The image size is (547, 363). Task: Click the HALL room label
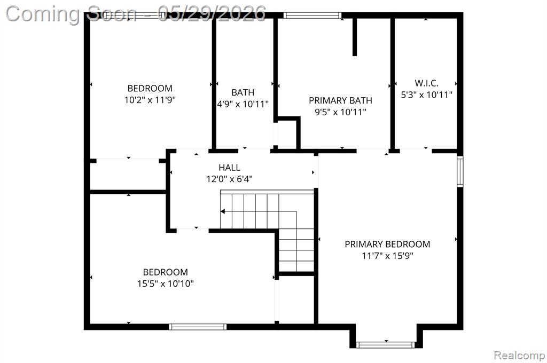pyautogui.click(x=229, y=168)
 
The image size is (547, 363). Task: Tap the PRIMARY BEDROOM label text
pyautogui.click(x=387, y=244)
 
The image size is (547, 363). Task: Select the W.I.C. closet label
pyautogui.click(x=426, y=83)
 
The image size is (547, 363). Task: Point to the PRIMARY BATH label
pyautogui.click(x=340, y=100)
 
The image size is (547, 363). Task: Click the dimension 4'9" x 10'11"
pyautogui.click(x=243, y=104)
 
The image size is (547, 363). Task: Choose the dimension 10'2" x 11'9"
pyautogui.click(x=150, y=100)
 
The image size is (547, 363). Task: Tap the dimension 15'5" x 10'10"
pyautogui.click(x=166, y=283)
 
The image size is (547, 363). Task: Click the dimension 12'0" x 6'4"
pyautogui.click(x=229, y=179)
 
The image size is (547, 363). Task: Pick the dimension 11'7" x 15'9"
pyautogui.click(x=387, y=256)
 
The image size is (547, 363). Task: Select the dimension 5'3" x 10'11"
pyautogui.click(x=426, y=94)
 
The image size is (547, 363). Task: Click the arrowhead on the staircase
pyautogui.click(x=223, y=211)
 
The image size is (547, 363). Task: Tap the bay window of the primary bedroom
pyautogui.click(x=386, y=345)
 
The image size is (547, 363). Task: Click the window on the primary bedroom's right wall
pyautogui.click(x=460, y=171)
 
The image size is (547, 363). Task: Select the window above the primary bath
pyautogui.click(x=312, y=15)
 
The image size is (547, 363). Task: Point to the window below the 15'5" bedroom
pyautogui.click(x=198, y=327)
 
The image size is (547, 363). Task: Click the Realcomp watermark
pyautogui.click(x=519, y=355)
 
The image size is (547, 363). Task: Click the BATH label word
pyautogui.click(x=243, y=92)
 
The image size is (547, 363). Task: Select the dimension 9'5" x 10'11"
pyautogui.click(x=340, y=112)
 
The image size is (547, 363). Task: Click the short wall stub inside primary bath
pyautogui.click(x=355, y=37)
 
